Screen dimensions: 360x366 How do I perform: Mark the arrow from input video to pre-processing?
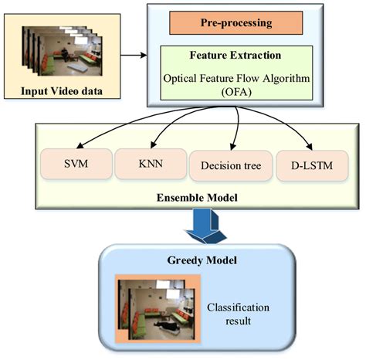(x=134, y=56)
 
